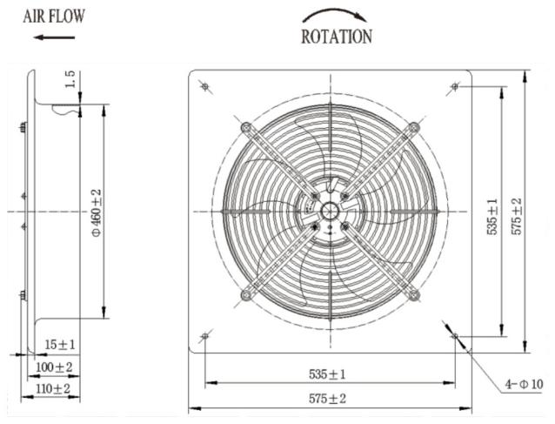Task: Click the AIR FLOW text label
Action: (x=54, y=16)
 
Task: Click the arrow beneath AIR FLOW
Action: (x=54, y=37)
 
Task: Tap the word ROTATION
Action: (x=337, y=37)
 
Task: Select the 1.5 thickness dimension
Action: (x=70, y=79)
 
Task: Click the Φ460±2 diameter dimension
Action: (x=97, y=212)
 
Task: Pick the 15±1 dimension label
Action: (x=60, y=344)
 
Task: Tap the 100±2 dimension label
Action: (x=54, y=367)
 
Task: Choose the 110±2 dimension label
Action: (x=53, y=388)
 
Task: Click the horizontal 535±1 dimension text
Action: (x=327, y=374)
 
